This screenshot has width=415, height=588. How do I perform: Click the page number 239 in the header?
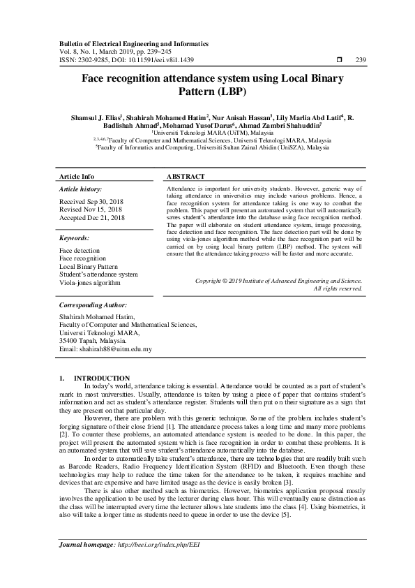click(361, 61)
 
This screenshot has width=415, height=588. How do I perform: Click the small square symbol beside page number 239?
click(338, 61)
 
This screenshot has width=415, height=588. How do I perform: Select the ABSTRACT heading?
click(186, 177)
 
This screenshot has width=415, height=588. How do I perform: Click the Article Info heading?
click(77, 177)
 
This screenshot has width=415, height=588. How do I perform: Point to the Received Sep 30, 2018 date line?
click(90, 201)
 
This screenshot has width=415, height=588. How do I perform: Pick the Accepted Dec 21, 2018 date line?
click(91, 218)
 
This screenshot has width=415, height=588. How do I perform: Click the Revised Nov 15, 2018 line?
click(90, 210)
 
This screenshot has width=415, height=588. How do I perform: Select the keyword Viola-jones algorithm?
click(91, 284)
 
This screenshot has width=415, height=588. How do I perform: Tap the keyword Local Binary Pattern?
click(88, 267)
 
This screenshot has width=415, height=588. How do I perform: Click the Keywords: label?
click(76, 237)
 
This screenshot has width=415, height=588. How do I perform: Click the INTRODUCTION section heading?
click(102, 378)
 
